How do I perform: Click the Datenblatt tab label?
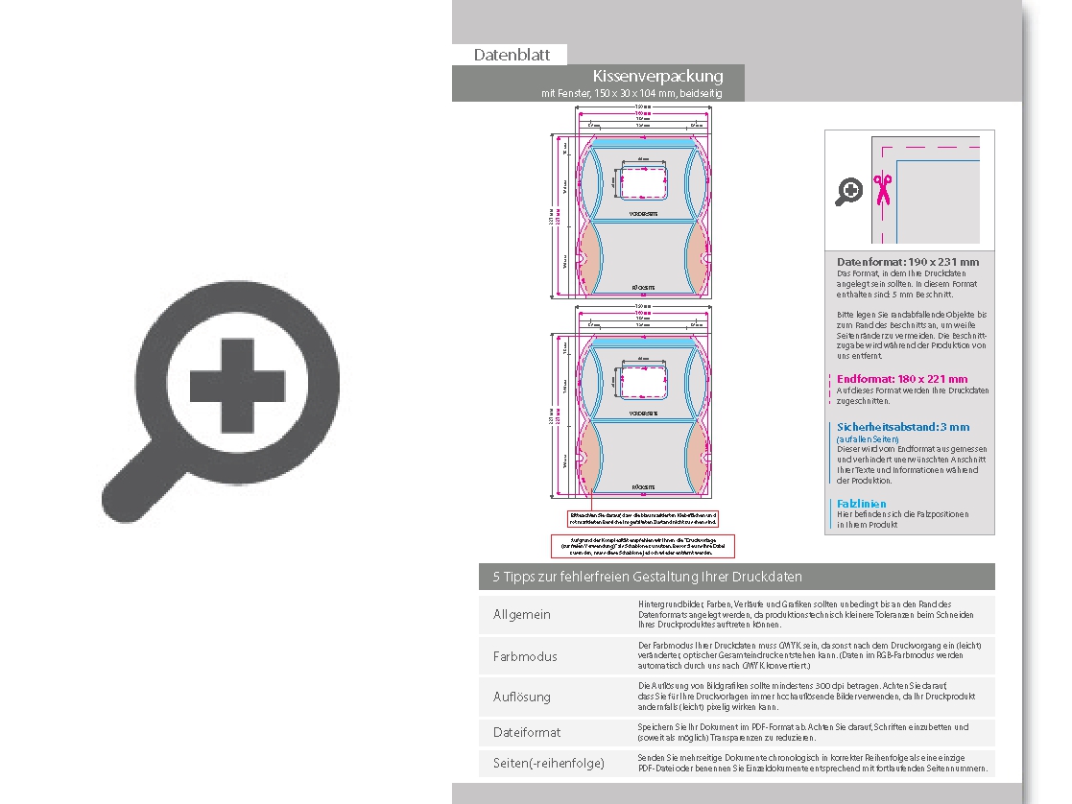tap(512, 55)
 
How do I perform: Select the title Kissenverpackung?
tap(657, 76)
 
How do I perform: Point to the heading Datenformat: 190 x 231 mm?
tap(908, 262)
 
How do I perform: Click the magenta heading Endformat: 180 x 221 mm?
tap(902, 379)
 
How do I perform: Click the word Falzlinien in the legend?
tap(862, 504)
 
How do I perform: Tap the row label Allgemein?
tap(522, 614)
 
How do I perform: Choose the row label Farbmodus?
tap(525, 656)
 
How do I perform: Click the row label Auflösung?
tap(522, 697)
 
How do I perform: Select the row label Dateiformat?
tap(527, 732)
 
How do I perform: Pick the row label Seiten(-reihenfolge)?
tap(549, 763)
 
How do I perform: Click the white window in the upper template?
tap(643, 179)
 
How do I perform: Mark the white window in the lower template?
tap(643, 381)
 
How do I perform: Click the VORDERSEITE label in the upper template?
tap(643, 213)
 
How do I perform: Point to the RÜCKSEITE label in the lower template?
tap(643, 487)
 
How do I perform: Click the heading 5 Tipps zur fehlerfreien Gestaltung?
tap(648, 577)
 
